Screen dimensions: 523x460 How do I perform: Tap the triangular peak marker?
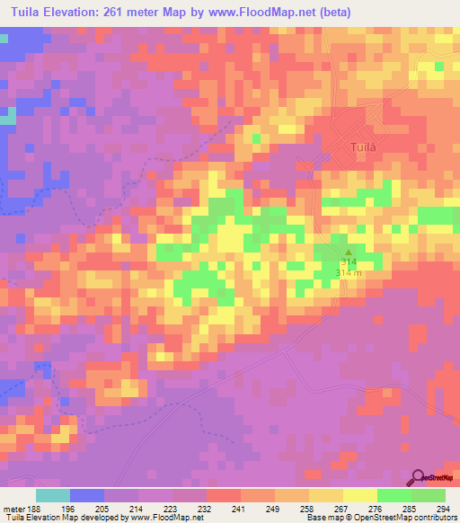click(349, 252)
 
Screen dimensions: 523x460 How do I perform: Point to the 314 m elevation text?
click(348, 271)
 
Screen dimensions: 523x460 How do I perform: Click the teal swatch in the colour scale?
click(52, 495)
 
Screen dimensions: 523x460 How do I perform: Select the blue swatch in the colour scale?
click(86, 495)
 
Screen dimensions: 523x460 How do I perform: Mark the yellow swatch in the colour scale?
click(359, 495)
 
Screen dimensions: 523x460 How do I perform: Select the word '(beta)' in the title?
click(350, 13)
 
